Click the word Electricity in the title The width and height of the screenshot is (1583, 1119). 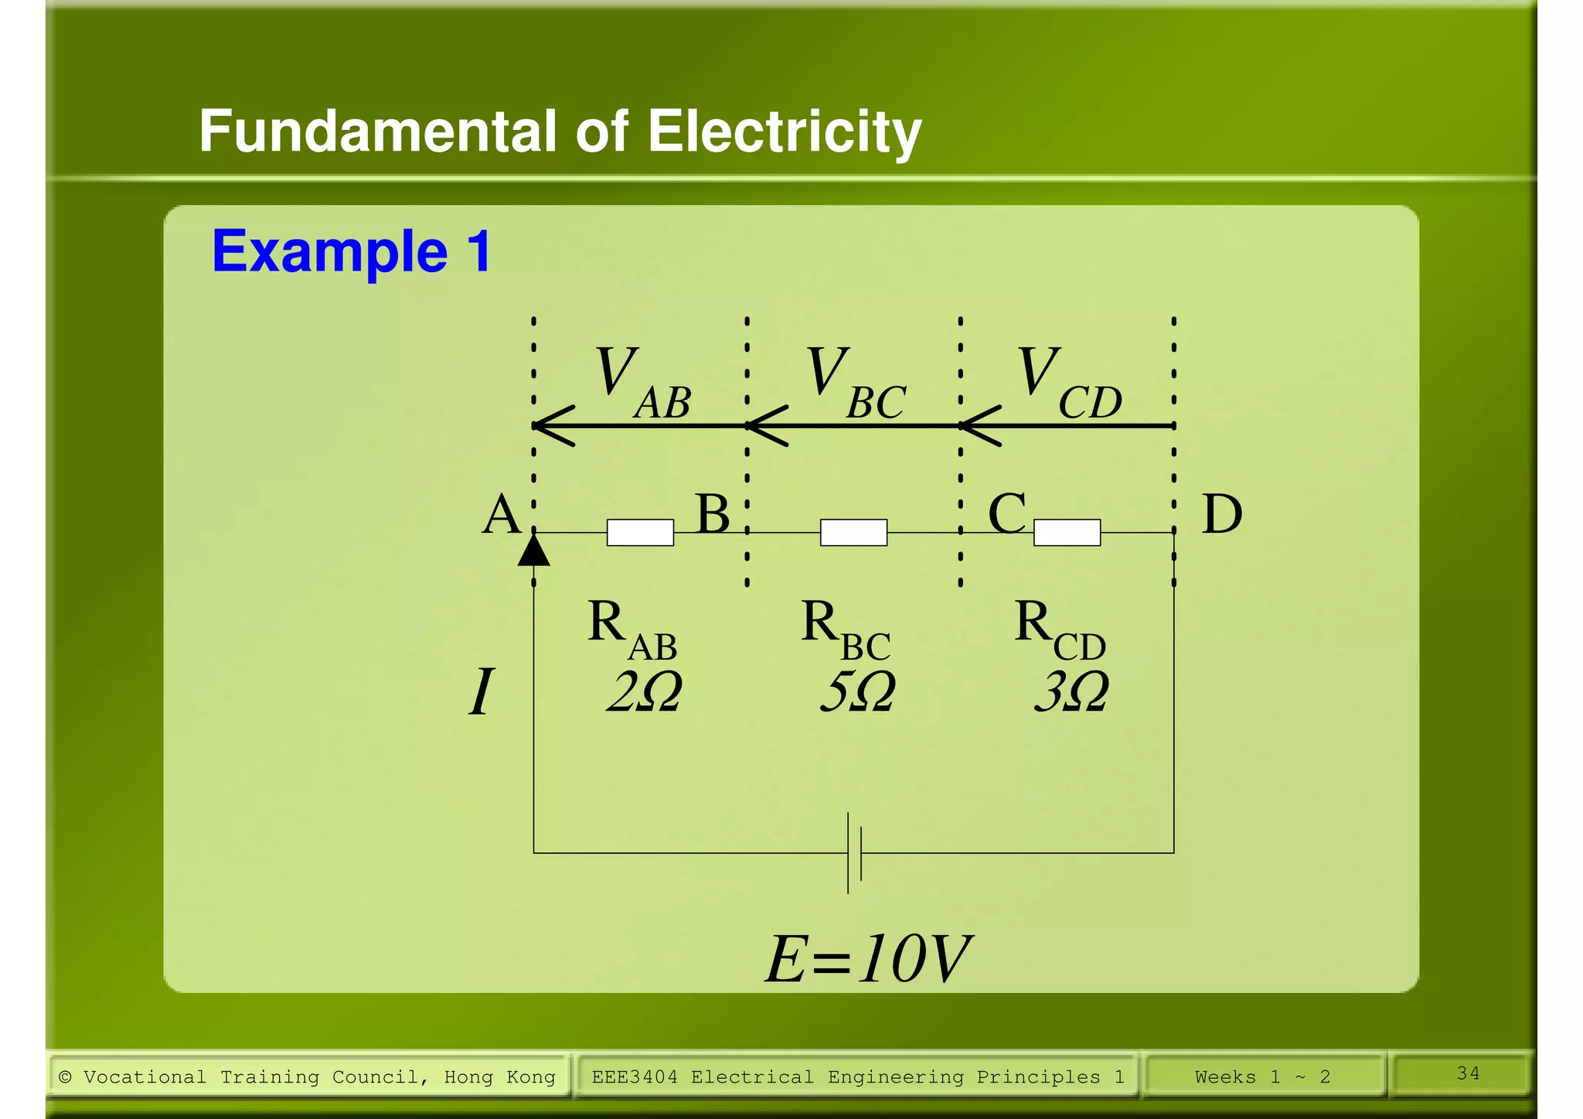[x=784, y=131]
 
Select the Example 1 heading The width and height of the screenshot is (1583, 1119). [x=352, y=251]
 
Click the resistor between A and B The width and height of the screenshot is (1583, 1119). [x=640, y=533]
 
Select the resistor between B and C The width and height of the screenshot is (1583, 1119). [x=853, y=533]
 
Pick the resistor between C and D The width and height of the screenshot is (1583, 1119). [x=1067, y=533]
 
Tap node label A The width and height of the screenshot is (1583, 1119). [x=501, y=514]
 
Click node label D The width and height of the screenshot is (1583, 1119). [x=1221, y=514]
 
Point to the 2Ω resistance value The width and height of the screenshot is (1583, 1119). [x=644, y=691]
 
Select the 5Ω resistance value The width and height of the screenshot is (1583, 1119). [x=857, y=691]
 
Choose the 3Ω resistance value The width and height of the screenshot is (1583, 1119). [x=1071, y=691]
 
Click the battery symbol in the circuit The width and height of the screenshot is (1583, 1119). [x=854, y=853]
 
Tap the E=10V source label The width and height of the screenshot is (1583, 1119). [x=867, y=959]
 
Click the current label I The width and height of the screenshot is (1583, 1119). [x=481, y=691]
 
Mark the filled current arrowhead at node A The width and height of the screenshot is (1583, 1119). [x=533, y=551]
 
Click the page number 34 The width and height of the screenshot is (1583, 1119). [x=1468, y=1073]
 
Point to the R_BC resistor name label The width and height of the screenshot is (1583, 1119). [x=845, y=630]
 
